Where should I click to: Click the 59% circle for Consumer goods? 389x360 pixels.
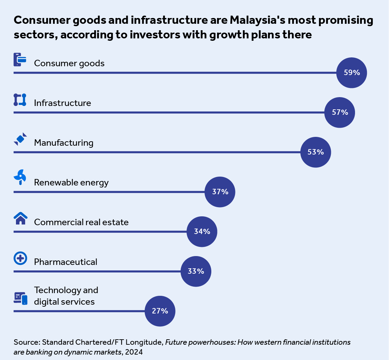352,73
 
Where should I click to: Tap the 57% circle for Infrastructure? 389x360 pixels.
340,112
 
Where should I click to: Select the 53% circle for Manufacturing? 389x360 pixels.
316,152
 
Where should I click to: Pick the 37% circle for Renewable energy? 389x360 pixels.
220,192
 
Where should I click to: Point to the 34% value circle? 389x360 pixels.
202,232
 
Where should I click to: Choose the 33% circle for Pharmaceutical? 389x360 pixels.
196,271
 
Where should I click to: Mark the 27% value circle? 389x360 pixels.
160,311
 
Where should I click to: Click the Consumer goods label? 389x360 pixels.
69,63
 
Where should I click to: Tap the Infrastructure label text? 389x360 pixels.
63,103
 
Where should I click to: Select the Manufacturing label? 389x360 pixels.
64,143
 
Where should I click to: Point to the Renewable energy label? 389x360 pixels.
71,182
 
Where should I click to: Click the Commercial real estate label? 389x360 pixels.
81,222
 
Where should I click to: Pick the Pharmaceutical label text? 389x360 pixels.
66,262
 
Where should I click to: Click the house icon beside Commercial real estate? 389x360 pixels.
20,218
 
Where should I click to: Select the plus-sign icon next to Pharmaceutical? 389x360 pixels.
20,258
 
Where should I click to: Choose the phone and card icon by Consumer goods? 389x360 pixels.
20,59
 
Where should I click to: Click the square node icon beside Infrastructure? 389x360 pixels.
20,100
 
